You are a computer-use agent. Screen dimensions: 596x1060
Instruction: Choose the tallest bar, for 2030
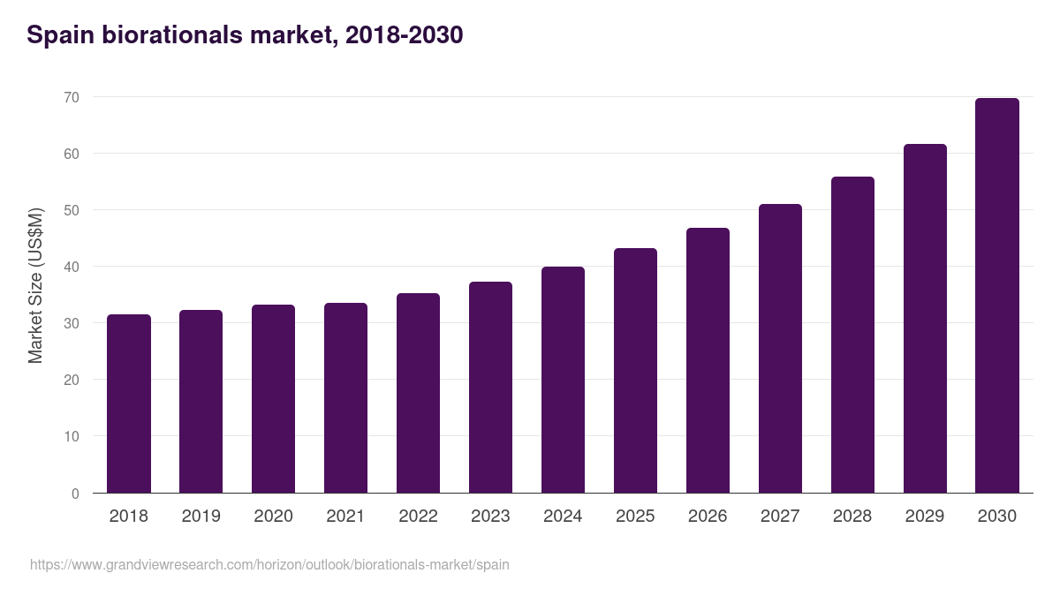pyautogui.click(x=997, y=296)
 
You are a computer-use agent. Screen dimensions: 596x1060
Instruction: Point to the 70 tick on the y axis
pyautogui.click(x=72, y=97)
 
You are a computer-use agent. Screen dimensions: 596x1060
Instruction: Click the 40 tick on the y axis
pyautogui.click(x=72, y=267)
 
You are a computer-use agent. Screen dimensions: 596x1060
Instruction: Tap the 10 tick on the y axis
pyautogui.click(x=72, y=436)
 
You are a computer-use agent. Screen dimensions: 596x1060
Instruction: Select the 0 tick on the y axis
pyautogui.click(x=75, y=494)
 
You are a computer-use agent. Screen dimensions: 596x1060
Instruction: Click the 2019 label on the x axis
pyautogui.click(x=201, y=517)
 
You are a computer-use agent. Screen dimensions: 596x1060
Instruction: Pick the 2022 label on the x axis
pyautogui.click(x=418, y=517)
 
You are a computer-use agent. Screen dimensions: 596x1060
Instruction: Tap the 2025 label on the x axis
pyautogui.click(x=635, y=517)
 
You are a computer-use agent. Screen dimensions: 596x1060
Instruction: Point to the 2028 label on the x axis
pyautogui.click(x=852, y=517)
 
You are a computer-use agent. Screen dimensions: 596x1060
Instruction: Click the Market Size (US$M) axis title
pyautogui.click(x=35, y=285)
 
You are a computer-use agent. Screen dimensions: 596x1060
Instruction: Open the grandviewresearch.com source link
pyautogui.click(x=269, y=564)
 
